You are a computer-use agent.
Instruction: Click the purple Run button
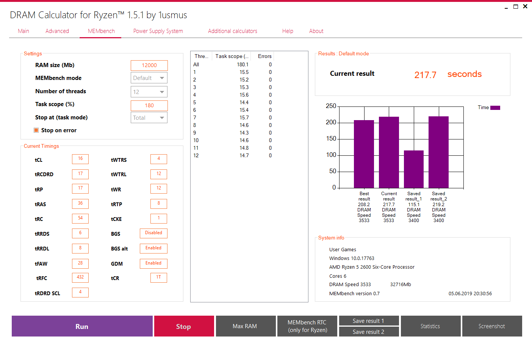[x=82, y=326]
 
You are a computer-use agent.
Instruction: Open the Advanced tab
[x=57, y=31]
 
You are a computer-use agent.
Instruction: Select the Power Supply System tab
[x=158, y=31]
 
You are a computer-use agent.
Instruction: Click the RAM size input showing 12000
[x=149, y=66]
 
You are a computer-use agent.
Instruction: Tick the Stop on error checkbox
[x=36, y=130]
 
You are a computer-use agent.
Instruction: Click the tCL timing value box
[x=80, y=159]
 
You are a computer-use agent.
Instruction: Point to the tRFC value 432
[x=80, y=277]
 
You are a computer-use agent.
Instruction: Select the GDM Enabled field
[x=153, y=263]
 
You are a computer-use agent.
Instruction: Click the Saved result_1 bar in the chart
[x=414, y=169]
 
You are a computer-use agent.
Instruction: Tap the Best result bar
[x=364, y=154]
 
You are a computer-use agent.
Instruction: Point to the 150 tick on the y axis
[x=331, y=139]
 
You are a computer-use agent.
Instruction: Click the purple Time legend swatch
[x=495, y=108]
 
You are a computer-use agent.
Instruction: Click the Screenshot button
[x=492, y=326]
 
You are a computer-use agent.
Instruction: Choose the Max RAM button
[x=245, y=326]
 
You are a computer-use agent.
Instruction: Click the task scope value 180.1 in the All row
[x=243, y=65]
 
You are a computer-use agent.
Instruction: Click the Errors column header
[x=264, y=56]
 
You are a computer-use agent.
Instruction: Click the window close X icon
[x=525, y=6]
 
